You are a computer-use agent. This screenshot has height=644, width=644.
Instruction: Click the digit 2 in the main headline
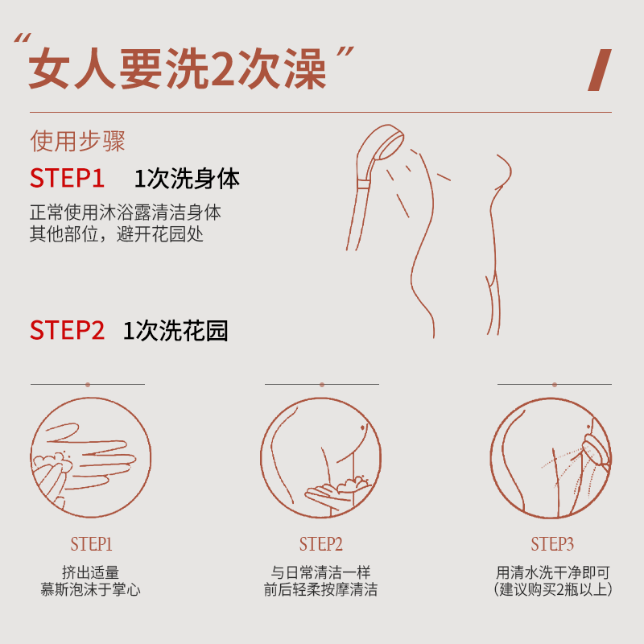point(214,71)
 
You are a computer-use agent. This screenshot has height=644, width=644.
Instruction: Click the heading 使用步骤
point(77,142)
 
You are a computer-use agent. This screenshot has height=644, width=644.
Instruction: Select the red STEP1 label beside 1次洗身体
point(68,178)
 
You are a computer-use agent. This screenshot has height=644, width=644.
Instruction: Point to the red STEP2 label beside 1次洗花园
point(68,330)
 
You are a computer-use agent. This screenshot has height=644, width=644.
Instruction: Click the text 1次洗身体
point(187,178)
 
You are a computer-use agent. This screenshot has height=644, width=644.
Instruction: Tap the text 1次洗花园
point(175,330)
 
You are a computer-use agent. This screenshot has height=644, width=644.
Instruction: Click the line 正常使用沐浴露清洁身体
point(125,214)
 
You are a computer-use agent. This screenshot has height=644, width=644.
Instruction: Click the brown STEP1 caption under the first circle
point(90,544)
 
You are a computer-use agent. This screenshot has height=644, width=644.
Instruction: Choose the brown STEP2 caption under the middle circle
point(321,544)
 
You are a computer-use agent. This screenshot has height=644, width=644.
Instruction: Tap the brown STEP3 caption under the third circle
point(552,544)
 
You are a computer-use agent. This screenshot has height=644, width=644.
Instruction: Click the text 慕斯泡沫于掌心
point(90,590)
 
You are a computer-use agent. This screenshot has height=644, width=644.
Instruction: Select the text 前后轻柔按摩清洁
point(321,590)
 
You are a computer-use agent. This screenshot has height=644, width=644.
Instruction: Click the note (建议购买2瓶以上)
point(553,590)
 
